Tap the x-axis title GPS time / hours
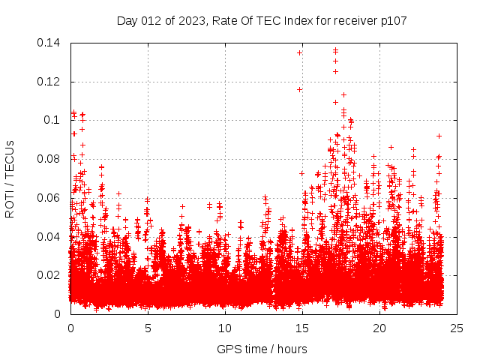click(x=262, y=349)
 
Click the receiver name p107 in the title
click(x=392, y=20)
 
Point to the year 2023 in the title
click(x=193, y=20)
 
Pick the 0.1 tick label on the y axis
click(x=52, y=120)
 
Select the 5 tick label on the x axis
click(x=148, y=328)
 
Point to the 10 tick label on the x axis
click(x=225, y=328)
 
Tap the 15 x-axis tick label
click(x=302, y=328)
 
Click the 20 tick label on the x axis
click(x=379, y=328)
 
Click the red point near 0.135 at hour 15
click(x=299, y=52)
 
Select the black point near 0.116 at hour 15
click(x=299, y=89)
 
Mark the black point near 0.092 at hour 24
click(x=439, y=136)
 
